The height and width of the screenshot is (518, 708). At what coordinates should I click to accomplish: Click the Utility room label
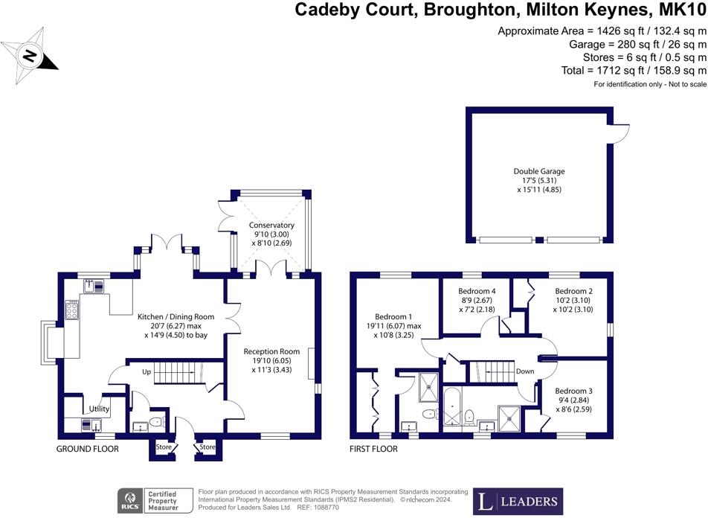point(99,409)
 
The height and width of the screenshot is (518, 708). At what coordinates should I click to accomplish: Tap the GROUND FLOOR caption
point(88,449)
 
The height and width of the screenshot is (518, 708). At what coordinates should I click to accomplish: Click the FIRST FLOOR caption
point(374,449)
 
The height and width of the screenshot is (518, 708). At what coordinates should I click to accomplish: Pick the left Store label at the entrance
point(163,447)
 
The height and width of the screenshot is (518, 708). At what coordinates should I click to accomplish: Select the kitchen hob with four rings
point(73,309)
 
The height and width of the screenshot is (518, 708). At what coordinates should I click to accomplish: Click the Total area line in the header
point(633,71)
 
